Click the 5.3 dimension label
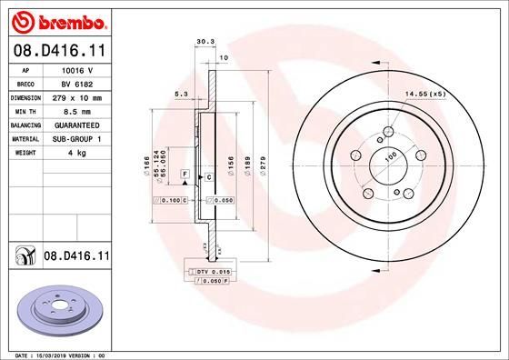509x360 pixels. coord(181,92)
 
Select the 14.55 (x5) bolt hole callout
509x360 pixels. coord(425,94)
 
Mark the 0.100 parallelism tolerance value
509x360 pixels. coord(171,199)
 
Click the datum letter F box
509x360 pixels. coord(185,173)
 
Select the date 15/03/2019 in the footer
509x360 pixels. coord(48,354)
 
